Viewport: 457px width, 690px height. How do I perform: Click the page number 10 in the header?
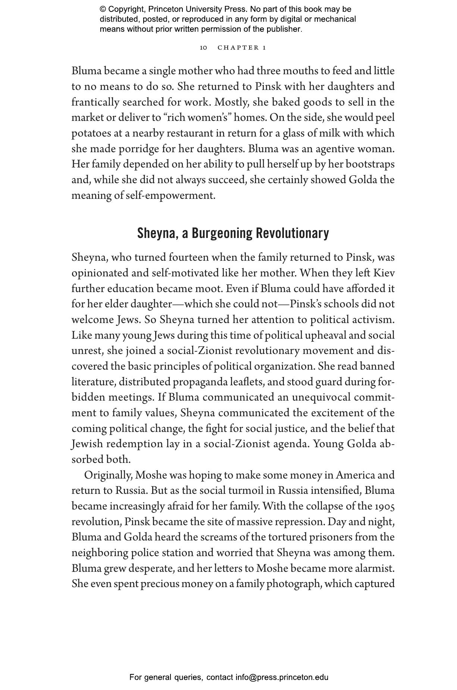[x=203, y=48]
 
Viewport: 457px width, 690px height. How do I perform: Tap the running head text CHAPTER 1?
[x=242, y=48]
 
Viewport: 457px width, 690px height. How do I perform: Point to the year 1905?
[x=385, y=506]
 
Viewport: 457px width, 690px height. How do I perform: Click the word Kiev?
[x=384, y=273]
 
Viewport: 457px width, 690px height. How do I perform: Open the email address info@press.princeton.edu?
[x=282, y=677]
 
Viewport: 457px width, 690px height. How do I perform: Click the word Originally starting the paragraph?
[x=108, y=476]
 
